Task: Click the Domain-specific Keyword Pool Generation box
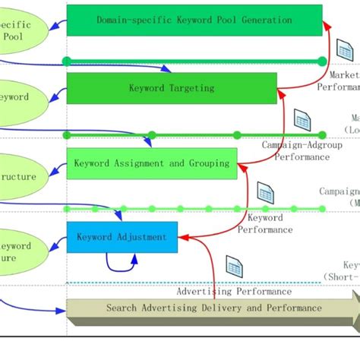(194, 20)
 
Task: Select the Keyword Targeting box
(172, 88)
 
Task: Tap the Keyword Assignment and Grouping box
(152, 163)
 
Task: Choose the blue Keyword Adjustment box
(122, 237)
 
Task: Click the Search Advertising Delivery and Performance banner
(213, 308)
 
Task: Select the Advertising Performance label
(233, 291)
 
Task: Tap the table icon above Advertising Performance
(233, 267)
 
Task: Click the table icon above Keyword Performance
(265, 192)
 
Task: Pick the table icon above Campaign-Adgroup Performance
(302, 120)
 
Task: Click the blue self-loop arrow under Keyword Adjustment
(122, 264)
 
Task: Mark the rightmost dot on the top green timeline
(322, 61)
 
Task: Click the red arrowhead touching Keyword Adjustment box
(182, 238)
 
